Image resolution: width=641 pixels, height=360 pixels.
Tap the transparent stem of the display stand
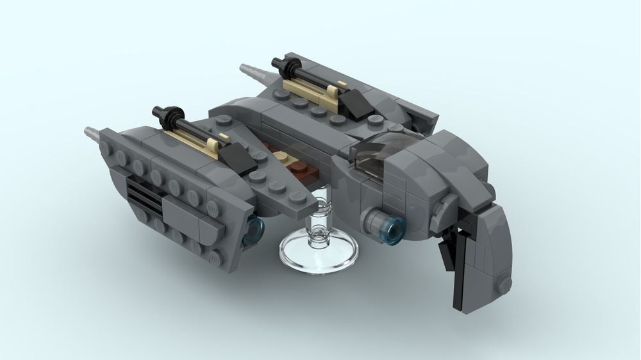click(319, 221)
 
